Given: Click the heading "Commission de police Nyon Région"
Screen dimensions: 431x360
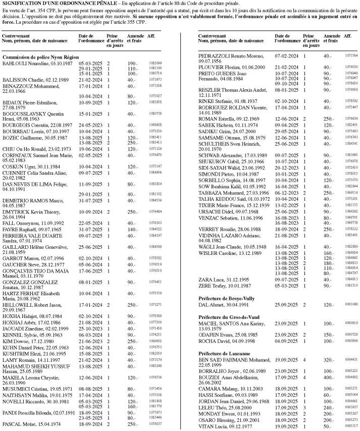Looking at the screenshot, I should click(x=37, y=58).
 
